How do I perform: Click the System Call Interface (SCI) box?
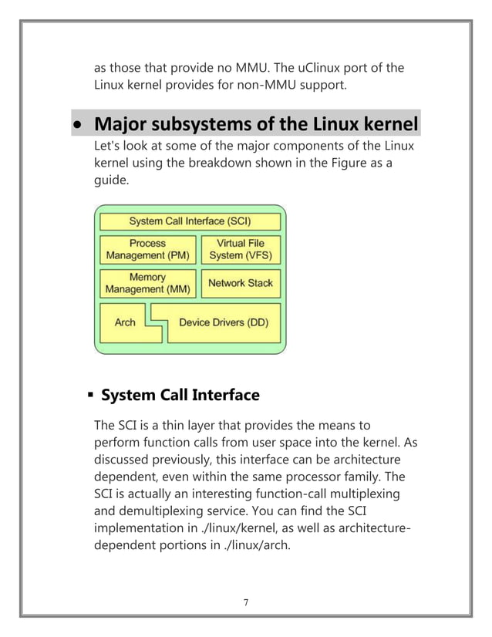click(x=190, y=221)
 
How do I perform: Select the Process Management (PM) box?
click(x=147, y=249)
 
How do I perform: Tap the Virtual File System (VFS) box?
click(x=240, y=249)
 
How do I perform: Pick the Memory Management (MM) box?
click(x=147, y=283)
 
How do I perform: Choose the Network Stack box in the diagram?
click(x=240, y=283)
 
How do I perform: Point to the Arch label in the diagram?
click(x=125, y=323)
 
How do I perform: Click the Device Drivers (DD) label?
click(x=224, y=323)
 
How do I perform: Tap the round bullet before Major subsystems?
click(x=77, y=125)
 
